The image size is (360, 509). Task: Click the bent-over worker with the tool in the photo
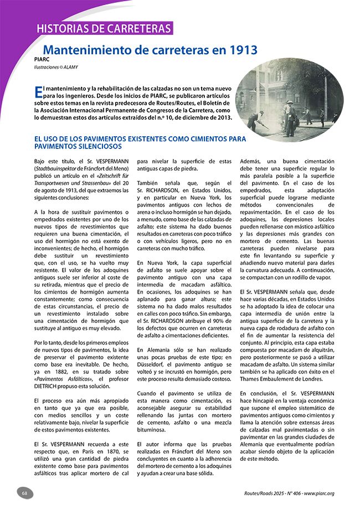tap(256, 119)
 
